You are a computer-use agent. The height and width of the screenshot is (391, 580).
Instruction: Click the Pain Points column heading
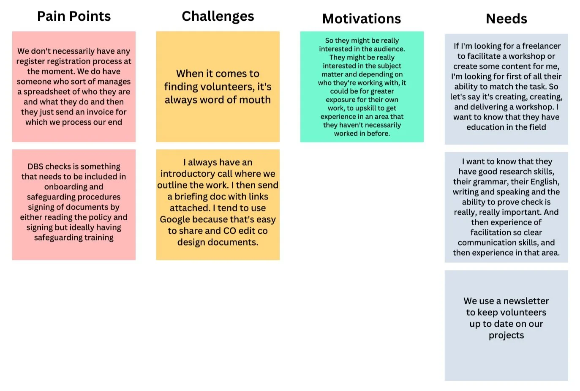74,16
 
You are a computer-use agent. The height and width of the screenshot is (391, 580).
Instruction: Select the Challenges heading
218,16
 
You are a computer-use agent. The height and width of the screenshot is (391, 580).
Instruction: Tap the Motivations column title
362,19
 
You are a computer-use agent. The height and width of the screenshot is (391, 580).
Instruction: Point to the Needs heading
506,19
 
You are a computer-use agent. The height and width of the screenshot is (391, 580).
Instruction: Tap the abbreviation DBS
35,167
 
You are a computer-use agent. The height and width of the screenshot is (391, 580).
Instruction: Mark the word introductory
193,174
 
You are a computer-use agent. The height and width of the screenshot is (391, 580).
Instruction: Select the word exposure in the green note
340,100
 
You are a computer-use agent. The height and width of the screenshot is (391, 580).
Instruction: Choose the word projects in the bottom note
506,335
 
